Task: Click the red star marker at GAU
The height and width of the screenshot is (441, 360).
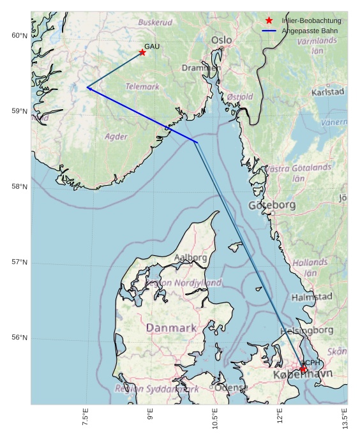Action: pos(142,52)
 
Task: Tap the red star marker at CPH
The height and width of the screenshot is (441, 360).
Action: pos(303,369)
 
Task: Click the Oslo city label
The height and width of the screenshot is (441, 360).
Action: pos(221,40)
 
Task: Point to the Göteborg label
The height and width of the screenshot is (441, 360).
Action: pos(272,205)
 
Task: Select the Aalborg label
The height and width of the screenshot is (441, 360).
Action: pos(190,258)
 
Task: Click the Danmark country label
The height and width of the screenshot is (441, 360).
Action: pos(171,327)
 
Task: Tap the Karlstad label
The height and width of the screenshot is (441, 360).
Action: pos(327,92)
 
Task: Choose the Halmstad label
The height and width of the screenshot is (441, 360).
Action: pos(311,297)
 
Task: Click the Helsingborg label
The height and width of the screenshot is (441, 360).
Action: pos(306,330)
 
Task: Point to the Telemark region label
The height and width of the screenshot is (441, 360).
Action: pos(142,86)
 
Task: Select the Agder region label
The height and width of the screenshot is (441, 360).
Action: pos(116,137)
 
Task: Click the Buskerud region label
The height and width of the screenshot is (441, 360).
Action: pos(155,22)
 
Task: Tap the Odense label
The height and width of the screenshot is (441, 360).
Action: pos(231,387)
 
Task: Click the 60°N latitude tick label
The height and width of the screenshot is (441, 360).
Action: pos(20,35)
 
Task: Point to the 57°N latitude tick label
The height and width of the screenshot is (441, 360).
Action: pos(20,262)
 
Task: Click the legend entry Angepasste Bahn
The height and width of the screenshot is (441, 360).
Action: pos(310,31)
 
